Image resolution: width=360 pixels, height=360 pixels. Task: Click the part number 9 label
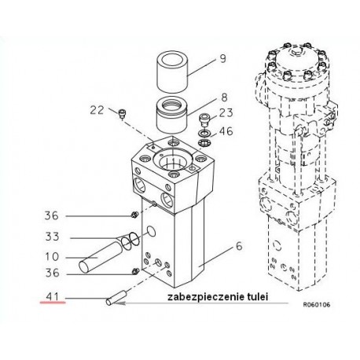tap(222, 58)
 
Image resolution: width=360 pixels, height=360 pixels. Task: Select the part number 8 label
tap(224, 97)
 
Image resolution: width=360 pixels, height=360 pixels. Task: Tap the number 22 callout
tap(97, 110)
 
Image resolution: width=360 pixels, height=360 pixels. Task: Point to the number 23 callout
tap(226, 113)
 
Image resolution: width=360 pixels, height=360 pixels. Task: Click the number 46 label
tap(226, 131)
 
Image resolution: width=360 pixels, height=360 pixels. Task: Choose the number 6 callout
tap(239, 246)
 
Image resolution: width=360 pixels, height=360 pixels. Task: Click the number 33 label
tap(52, 237)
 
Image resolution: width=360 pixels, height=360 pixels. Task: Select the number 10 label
tap(52, 256)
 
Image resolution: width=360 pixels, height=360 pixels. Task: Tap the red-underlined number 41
tap(53, 297)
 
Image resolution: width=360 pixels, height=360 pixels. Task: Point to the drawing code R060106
tap(317, 305)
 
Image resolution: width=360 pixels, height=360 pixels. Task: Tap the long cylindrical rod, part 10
tap(101, 257)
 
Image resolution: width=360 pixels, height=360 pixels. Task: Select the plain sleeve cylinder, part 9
tap(172, 72)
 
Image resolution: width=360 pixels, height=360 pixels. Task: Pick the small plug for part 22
tap(122, 114)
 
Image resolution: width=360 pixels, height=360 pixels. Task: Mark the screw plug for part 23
tap(204, 120)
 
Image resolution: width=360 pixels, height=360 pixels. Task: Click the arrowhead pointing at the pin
tap(119, 303)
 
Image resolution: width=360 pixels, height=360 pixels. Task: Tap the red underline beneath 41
tap(53, 303)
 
